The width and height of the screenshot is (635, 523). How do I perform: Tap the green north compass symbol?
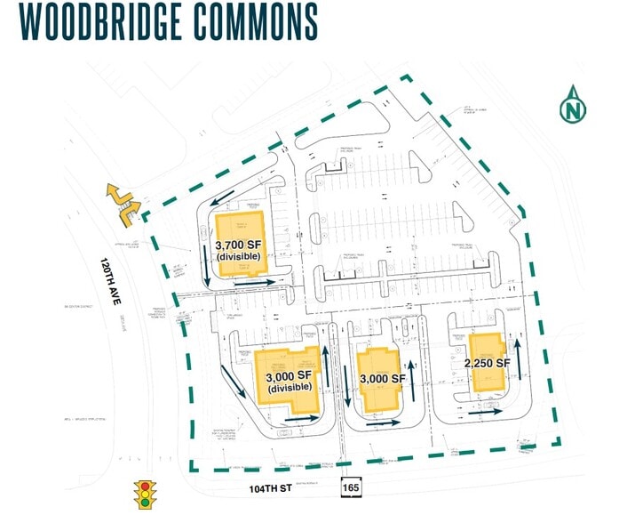click(573, 106)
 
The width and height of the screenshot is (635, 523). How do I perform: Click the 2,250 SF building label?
click(487, 363)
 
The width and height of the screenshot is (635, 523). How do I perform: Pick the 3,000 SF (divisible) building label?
click(289, 382)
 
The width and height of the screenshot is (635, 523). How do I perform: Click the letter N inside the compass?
click(573, 111)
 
